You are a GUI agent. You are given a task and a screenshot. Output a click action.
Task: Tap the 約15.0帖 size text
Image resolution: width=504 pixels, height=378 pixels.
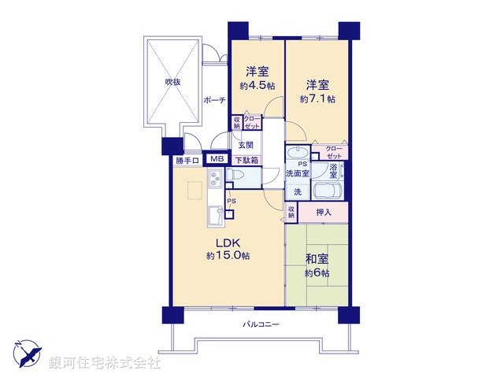coord(228,256)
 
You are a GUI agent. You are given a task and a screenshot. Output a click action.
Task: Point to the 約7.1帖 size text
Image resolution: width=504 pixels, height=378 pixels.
coord(317,99)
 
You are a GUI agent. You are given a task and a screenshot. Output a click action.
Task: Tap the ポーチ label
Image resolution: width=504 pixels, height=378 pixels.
coord(213,100)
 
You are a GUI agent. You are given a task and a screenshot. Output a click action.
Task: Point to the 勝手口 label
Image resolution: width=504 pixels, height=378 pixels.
coord(188,161)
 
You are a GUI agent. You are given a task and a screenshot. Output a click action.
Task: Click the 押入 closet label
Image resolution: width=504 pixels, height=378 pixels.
coord(324,211)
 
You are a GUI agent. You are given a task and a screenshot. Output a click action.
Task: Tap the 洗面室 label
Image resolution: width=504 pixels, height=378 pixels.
coord(297,173)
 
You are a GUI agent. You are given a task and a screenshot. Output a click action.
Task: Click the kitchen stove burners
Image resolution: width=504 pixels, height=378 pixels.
coord(215,185)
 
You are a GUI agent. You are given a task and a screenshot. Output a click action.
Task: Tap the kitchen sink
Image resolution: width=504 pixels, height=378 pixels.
coord(214,216)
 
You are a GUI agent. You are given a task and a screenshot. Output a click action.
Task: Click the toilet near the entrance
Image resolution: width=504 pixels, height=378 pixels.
coord(240,180)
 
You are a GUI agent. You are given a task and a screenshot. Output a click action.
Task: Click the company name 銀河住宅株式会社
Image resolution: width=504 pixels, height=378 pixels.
coord(104,363)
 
